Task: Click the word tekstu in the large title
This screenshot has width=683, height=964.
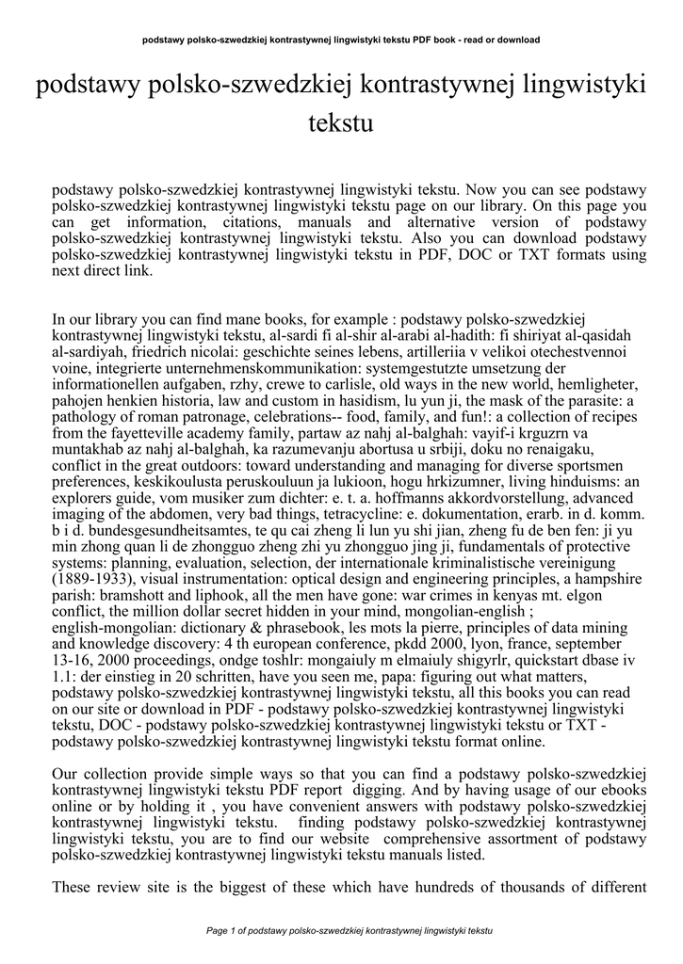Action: (341, 123)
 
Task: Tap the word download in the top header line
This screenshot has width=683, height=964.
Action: (518, 40)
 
